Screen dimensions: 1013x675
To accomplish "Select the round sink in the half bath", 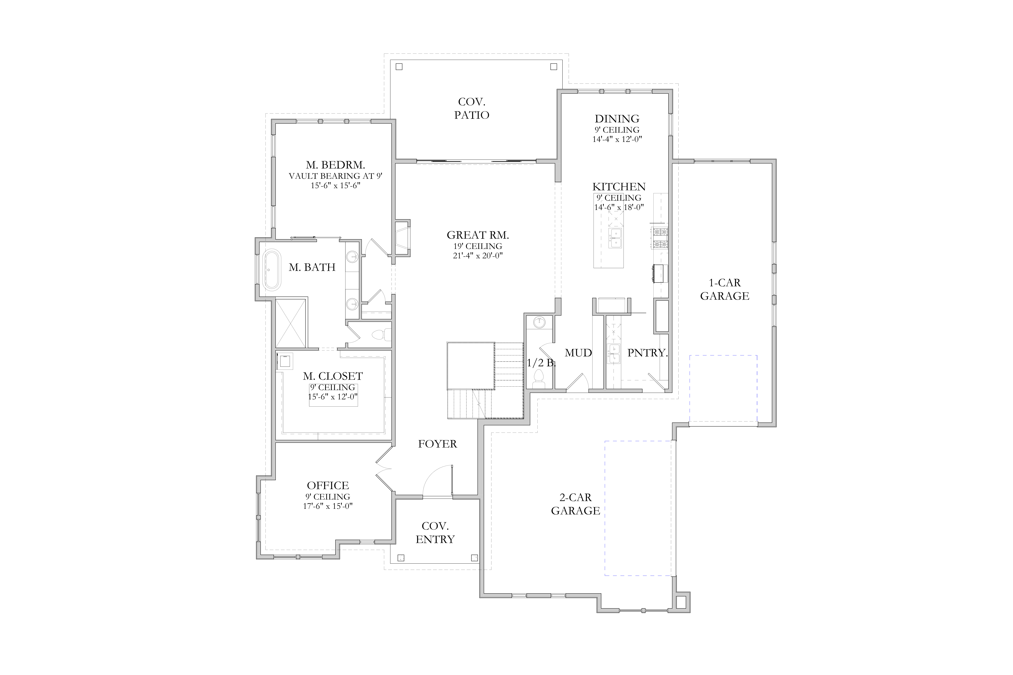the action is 539,322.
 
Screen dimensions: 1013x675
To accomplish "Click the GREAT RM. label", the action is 478,235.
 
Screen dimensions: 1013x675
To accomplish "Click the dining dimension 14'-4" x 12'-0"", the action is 617,139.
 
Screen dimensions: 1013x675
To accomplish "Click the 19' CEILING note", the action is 478,246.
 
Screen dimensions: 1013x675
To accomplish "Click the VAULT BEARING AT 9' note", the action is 336,176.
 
